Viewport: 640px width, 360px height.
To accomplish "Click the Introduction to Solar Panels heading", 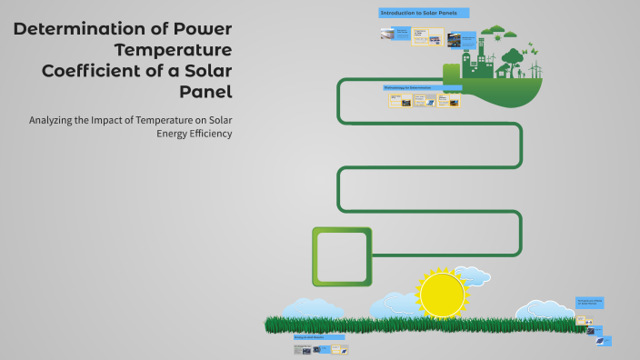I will tap(423, 13).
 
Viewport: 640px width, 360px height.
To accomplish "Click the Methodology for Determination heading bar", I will tap(422, 88).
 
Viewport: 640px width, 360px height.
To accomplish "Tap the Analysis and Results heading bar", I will tap(318, 336).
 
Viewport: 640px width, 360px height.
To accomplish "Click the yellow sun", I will tap(443, 294).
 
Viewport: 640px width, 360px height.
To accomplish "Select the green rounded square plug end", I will tap(342, 255).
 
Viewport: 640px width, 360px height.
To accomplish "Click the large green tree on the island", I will tap(513, 59).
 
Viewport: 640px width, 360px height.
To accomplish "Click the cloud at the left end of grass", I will tap(314, 308).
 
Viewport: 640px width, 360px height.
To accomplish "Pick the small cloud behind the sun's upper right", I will tap(472, 275).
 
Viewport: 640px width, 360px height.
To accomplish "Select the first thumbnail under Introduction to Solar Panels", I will tap(388, 35).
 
